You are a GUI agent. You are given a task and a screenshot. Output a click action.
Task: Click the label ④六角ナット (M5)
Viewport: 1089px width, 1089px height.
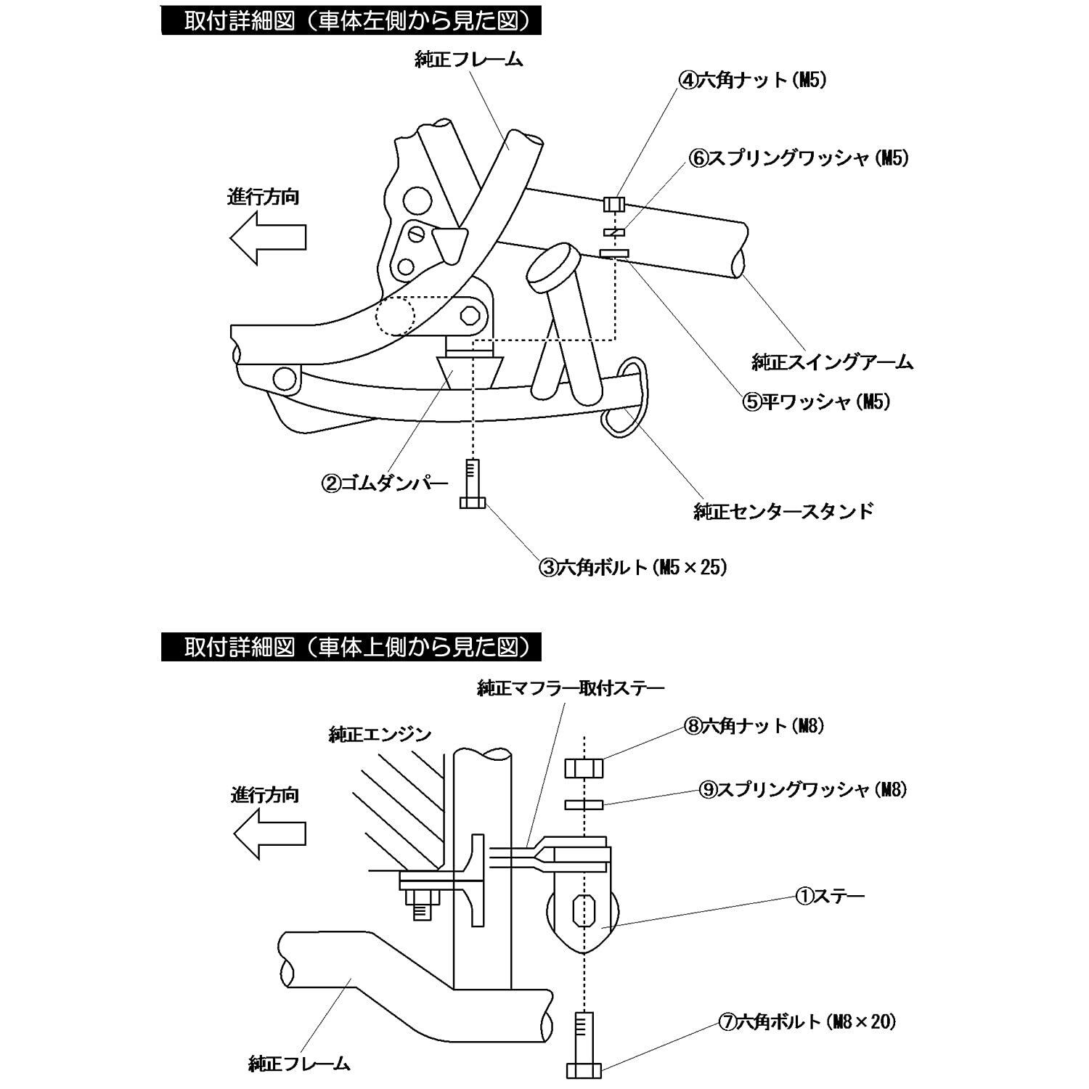pyautogui.click(x=753, y=81)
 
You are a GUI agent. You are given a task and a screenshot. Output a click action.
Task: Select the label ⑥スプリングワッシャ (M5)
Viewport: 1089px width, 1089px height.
pyautogui.click(x=799, y=158)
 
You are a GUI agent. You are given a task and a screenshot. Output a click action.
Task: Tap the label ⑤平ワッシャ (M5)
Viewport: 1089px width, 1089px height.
pyautogui.click(x=816, y=401)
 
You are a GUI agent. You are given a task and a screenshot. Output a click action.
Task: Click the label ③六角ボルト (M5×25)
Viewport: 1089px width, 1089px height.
pyautogui.click(x=632, y=567)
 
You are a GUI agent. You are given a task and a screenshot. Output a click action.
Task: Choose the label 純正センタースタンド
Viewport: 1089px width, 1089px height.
pyautogui.click(x=783, y=511)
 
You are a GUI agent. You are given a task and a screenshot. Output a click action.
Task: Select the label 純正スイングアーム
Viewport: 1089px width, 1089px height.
pyautogui.click(x=832, y=362)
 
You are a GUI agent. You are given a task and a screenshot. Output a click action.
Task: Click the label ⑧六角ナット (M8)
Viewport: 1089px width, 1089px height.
pyautogui.click(x=754, y=725)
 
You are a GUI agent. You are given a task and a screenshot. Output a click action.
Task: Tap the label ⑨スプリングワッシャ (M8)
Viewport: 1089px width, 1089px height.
pyautogui.click(x=804, y=790)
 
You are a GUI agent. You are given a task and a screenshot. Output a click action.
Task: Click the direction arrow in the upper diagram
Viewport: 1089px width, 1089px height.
pyautogui.click(x=267, y=237)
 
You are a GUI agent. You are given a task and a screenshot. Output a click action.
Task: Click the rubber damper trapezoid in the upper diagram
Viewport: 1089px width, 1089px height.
pyautogui.click(x=468, y=371)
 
